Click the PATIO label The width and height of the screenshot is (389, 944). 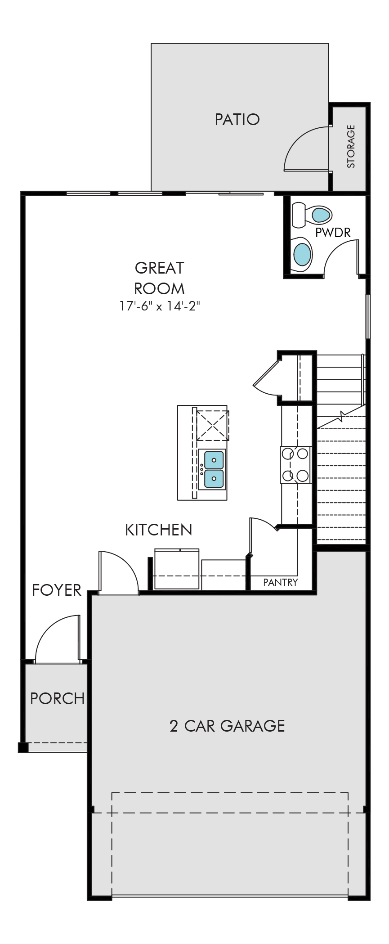(x=237, y=119)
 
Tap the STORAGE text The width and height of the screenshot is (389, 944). (x=351, y=147)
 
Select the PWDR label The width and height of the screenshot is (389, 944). (x=333, y=232)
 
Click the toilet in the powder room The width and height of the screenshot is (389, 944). (x=312, y=215)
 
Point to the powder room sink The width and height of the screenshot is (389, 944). (x=302, y=254)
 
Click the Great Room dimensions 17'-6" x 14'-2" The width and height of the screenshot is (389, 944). (x=159, y=306)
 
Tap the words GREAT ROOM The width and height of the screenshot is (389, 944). (x=159, y=278)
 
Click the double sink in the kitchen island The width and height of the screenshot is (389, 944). (x=214, y=469)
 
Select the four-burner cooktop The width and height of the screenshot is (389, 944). (x=296, y=464)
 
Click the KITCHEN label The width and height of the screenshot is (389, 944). (x=158, y=530)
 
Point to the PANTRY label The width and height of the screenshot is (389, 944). (x=280, y=582)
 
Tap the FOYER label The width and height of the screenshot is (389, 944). (x=57, y=590)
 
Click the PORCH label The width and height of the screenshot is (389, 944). (x=57, y=698)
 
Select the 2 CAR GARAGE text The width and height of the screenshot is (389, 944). (x=227, y=726)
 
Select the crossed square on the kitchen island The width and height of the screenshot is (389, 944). (x=213, y=425)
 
